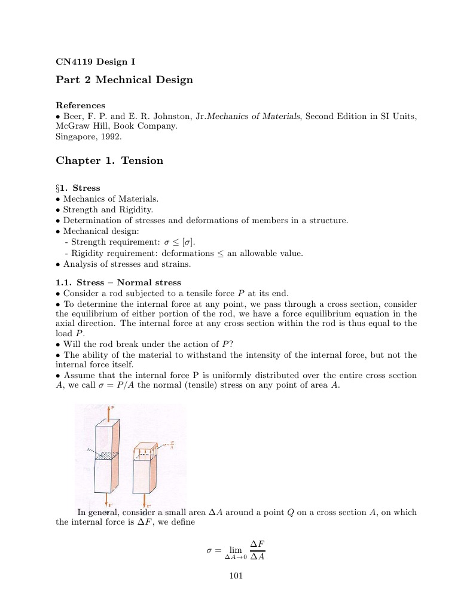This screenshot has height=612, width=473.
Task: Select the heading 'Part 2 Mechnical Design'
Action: coord(124,80)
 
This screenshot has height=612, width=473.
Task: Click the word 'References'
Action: coord(80,105)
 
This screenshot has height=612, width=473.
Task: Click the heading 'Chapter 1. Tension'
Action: coord(109,160)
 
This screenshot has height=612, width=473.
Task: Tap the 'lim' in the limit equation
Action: coord(236,550)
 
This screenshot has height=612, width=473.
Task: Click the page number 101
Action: coord(236,576)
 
